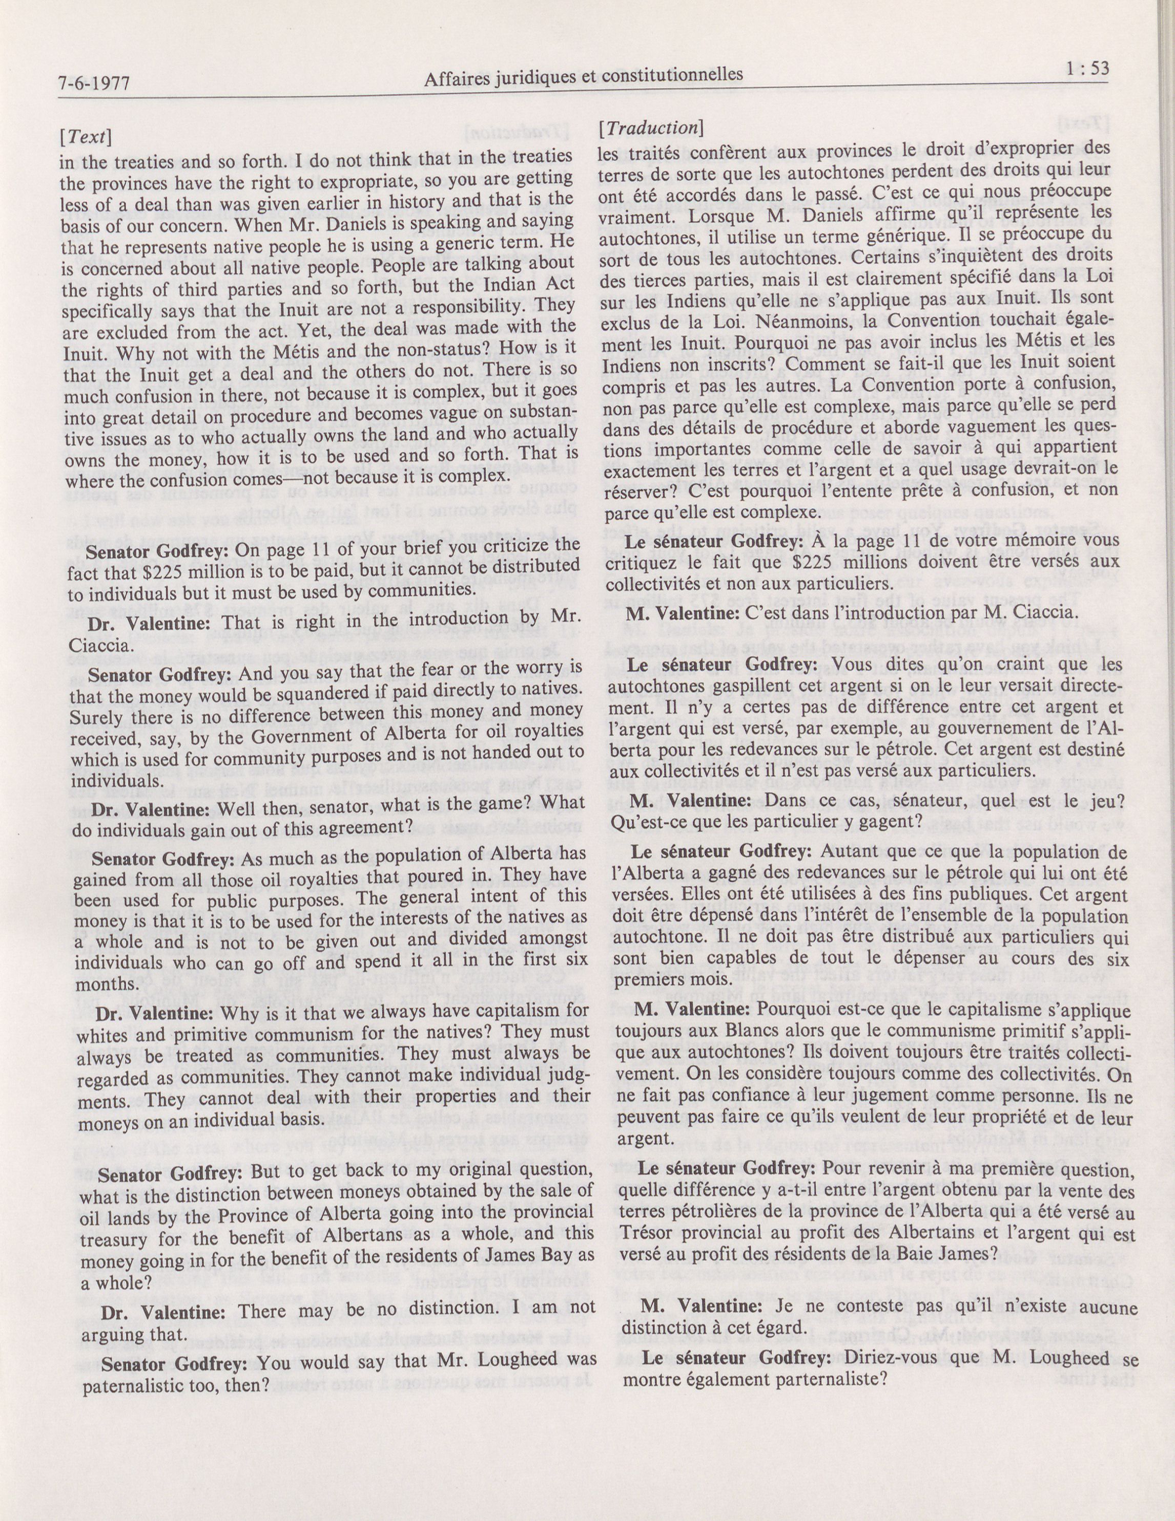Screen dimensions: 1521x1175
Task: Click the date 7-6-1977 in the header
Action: pyautogui.click(x=95, y=85)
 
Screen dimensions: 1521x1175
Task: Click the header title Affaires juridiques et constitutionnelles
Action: pyautogui.click(x=583, y=76)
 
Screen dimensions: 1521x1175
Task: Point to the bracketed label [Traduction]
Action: pyautogui.click(x=648, y=128)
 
